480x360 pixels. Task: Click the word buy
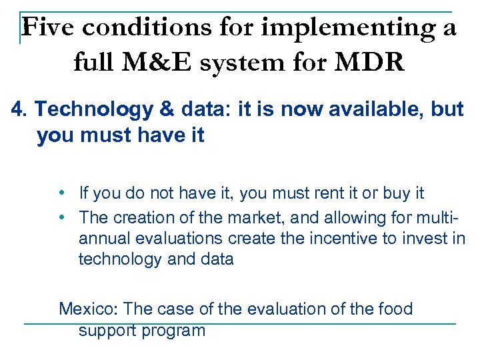[x=395, y=193]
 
